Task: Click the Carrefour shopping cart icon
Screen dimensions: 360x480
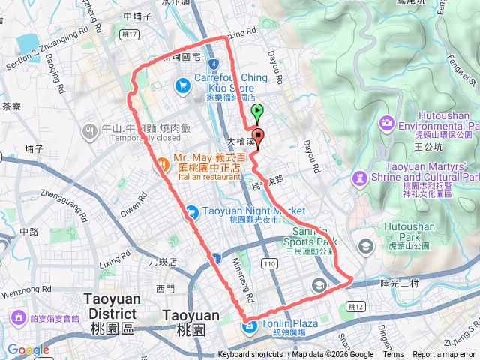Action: [182, 85]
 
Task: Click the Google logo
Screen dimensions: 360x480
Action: [28, 349]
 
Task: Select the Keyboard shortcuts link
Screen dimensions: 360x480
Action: [250, 355]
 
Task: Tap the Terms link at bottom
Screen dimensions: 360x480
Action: [393, 355]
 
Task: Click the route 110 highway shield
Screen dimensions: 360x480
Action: [270, 262]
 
